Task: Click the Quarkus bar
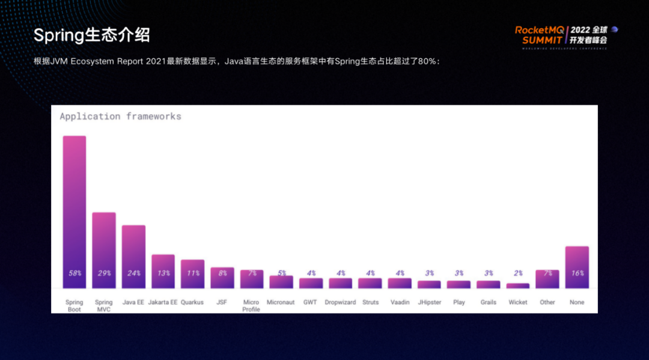tap(192, 273)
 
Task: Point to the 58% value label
tap(75, 273)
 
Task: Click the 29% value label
tap(104, 273)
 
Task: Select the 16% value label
tap(577, 273)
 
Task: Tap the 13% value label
tap(163, 273)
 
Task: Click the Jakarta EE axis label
tap(163, 302)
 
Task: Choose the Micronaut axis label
tap(281, 302)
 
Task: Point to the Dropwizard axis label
tap(340, 302)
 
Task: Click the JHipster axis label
tap(429, 302)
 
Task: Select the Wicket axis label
tap(518, 302)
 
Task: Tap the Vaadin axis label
tap(400, 302)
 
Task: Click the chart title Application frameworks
tap(120, 117)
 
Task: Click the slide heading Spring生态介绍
tap(91, 35)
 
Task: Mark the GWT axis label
tap(311, 302)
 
